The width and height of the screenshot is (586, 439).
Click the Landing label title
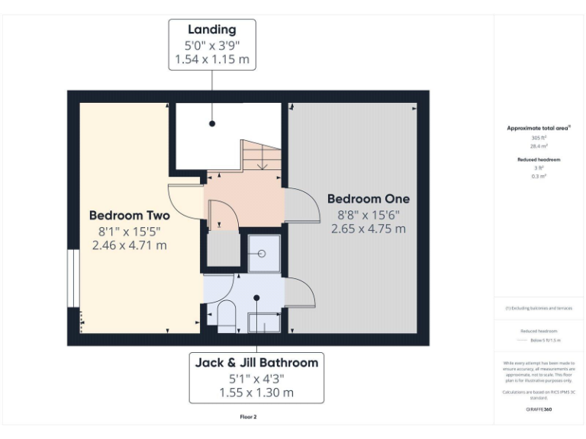(212, 30)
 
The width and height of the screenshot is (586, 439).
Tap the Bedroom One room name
(369, 199)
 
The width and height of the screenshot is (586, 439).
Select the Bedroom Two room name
(129, 215)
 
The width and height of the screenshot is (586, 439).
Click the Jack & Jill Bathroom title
(256, 363)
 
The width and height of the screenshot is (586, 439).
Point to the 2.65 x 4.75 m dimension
(369, 228)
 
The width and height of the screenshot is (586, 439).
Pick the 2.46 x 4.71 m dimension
(129, 245)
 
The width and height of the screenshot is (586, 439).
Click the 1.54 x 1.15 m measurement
(212, 59)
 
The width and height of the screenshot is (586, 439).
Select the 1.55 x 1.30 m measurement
(256, 393)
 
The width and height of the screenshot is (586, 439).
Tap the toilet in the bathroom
(227, 316)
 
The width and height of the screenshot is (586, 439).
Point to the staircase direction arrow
(262, 160)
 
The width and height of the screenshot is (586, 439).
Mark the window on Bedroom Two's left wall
(73, 277)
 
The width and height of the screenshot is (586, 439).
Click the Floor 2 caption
(249, 417)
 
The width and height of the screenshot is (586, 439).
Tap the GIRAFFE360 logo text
(539, 409)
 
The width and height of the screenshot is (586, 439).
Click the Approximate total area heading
(539, 128)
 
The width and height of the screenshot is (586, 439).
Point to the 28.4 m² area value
(539, 146)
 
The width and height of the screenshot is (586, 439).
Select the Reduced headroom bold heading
(539, 159)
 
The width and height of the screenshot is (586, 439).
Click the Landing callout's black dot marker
(212, 123)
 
